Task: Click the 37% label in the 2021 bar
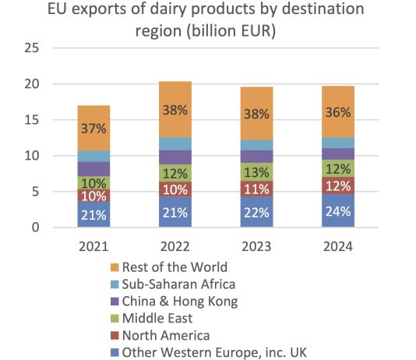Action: pos(93,129)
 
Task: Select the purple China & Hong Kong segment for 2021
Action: pos(93,169)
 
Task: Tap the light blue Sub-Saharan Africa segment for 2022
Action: pos(175,144)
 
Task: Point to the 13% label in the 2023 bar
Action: pos(256,172)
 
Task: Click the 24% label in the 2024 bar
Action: pos(338,211)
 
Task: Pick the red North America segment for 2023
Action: pos(256,189)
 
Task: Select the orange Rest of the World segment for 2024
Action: pos(338,111)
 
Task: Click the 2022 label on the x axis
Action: pos(175,246)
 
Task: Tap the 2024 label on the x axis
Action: pos(338,246)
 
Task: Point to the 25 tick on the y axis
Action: pos(32,48)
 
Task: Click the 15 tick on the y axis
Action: pos(32,120)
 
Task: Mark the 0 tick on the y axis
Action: pos(35,228)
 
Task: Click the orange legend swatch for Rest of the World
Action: pos(115,267)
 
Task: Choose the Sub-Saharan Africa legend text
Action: pos(178,284)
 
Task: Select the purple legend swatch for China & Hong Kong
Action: pos(115,302)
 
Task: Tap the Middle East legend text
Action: pos(157,318)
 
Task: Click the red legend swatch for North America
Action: pos(115,335)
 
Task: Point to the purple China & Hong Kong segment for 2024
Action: pos(338,154)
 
